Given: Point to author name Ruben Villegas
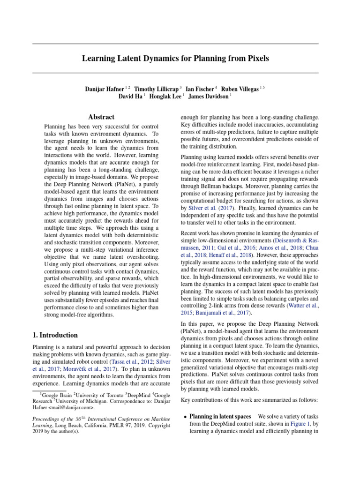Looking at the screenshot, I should [240, 89].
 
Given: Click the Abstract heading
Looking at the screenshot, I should [101, 117].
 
